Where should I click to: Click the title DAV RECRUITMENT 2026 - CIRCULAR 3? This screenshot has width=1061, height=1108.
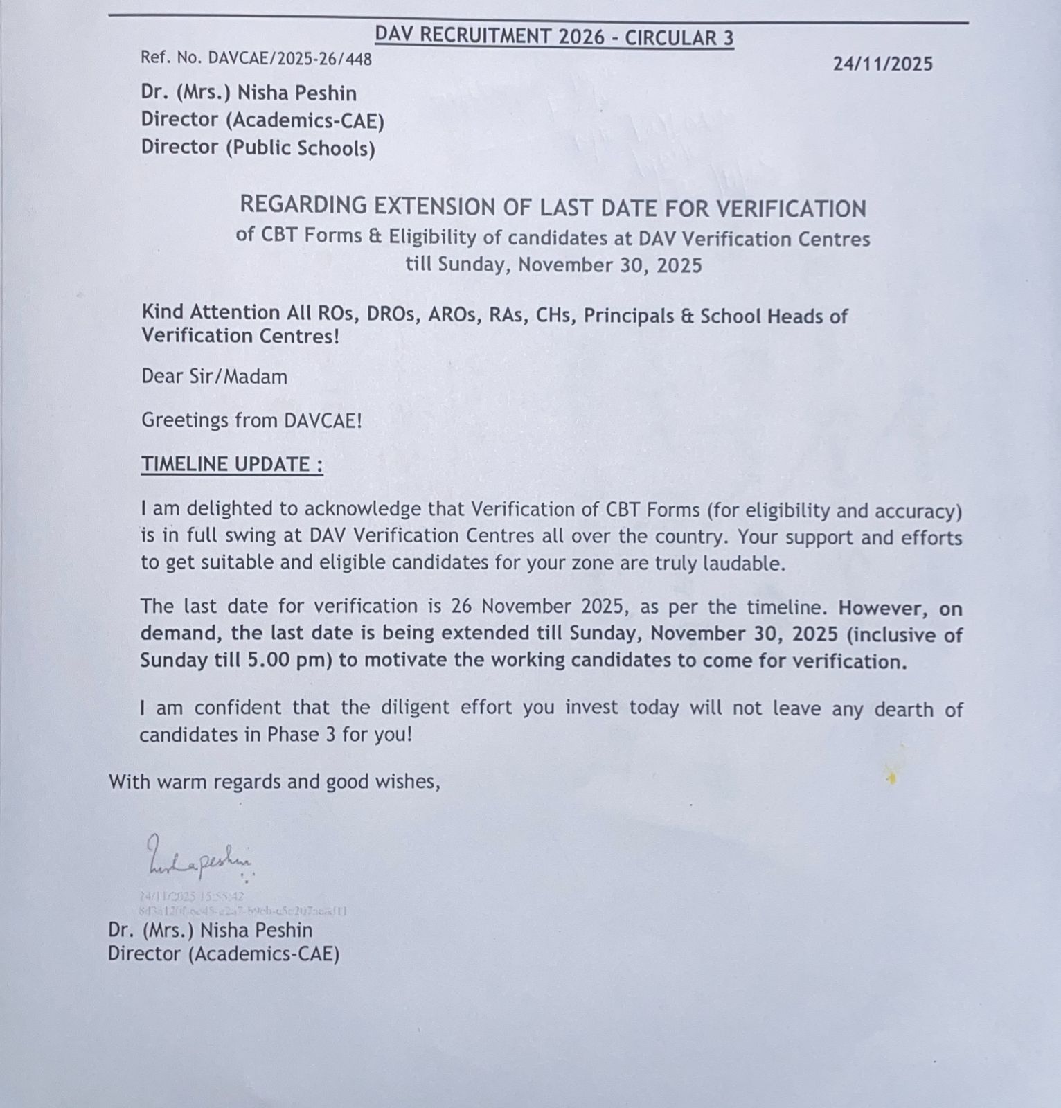click(554, 36)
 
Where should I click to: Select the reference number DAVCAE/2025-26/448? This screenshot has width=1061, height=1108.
click(289, 59)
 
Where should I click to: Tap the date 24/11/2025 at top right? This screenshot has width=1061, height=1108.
click(882, 64)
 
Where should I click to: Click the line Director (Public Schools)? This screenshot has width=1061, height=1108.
click(258, 148)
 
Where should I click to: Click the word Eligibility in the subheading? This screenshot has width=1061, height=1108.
click(432, 237)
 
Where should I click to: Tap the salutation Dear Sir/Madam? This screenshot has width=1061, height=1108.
click(214, 377)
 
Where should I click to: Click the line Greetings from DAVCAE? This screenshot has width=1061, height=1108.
click(251, 420)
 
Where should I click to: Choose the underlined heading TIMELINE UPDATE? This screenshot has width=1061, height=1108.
click(231, 464)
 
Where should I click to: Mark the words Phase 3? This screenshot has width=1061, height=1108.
click(302, 734)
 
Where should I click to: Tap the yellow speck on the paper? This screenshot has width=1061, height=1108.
click(892, 779)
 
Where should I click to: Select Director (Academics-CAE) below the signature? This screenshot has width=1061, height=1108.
click(224, 954)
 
